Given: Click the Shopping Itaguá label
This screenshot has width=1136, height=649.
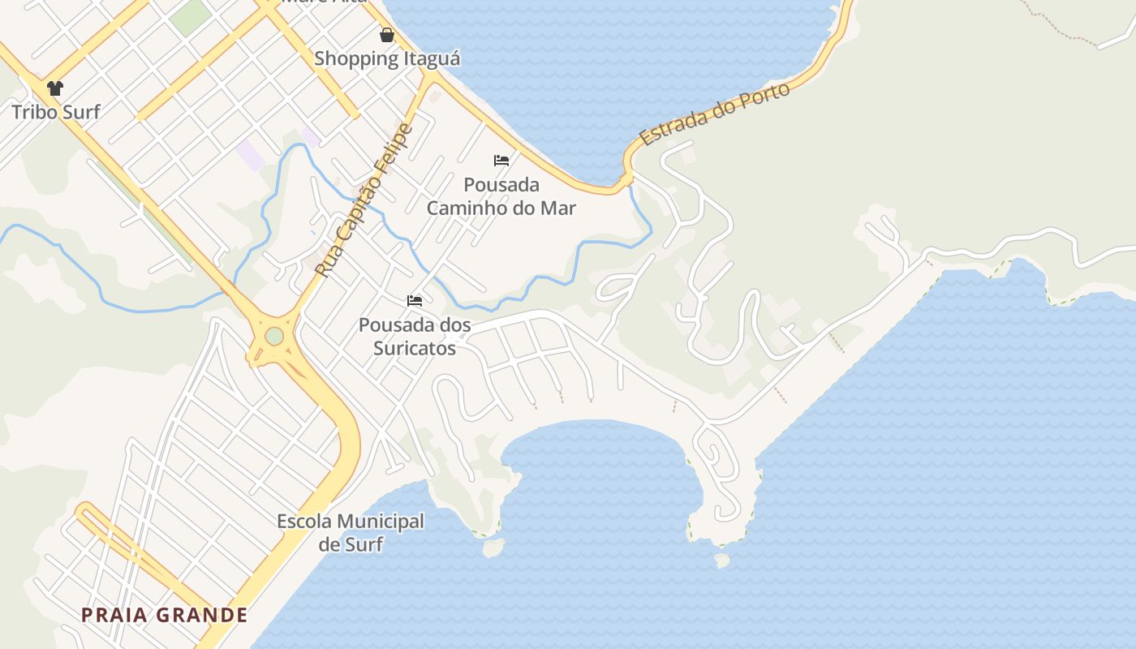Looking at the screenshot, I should (387, 58).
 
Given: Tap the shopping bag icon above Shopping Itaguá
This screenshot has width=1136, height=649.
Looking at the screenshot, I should (387, 35).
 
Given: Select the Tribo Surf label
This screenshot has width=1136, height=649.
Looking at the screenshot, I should (56, 111).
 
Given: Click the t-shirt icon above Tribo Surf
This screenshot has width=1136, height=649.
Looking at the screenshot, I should (54, 88).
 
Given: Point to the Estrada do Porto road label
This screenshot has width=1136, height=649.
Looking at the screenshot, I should (715, 114).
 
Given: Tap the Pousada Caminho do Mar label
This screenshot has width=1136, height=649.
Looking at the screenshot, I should (501, 196).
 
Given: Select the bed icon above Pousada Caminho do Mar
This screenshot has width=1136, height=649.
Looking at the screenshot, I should (501, 161).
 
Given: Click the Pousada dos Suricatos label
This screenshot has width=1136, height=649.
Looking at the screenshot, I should (415, 337).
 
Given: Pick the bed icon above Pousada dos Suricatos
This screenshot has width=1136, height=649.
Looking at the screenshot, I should (415, 301).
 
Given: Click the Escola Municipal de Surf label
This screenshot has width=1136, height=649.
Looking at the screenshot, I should (351, 532).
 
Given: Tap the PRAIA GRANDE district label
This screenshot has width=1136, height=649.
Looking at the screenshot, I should (164, 615).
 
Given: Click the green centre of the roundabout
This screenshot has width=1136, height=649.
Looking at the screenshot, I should (274, 335).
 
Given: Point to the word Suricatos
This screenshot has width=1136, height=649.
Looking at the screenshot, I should (415, 348).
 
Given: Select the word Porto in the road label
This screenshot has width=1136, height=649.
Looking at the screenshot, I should (766, 95).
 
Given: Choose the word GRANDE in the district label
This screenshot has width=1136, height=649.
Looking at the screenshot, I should (202, 615).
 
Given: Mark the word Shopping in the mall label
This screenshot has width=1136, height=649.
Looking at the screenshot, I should (355, 58).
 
